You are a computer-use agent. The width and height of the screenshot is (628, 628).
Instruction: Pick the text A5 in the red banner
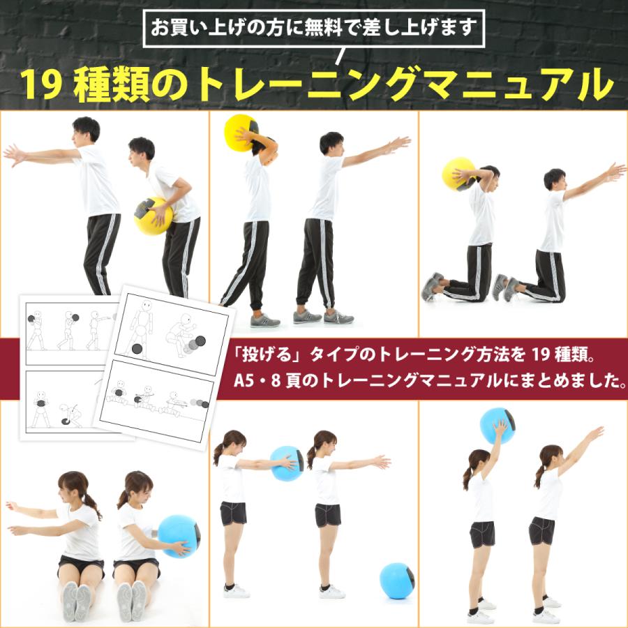pos(250,382)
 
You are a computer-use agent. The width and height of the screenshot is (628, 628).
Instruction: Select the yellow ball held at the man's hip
pos(152,216)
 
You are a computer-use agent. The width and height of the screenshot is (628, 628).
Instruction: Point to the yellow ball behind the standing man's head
pos(241,131)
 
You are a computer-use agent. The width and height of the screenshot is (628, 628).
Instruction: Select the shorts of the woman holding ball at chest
pos(233,513)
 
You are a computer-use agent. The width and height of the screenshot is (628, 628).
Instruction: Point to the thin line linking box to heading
pos(343,55)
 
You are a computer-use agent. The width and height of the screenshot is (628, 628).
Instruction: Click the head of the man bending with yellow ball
pos(142,148)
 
